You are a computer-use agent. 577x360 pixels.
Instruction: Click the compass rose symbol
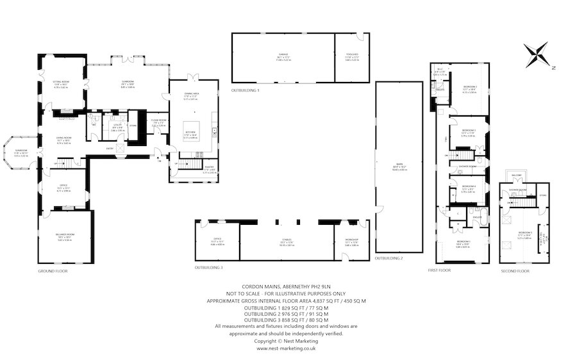pyautogui.click(x=536, y=54)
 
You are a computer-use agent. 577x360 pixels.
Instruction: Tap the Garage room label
pyautogui.click(x=283, y=56)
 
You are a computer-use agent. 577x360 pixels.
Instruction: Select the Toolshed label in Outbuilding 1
pyautogui.click(x=352, y=56)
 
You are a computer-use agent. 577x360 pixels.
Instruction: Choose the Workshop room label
pyautogui.click(x=351, y=241)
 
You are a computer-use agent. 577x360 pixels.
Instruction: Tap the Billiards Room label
pyautogui.click(x=64, y=238)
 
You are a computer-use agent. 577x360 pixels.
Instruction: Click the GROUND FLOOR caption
pyautogui.click(x=53, y=271)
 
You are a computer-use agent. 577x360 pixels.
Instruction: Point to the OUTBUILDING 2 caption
pyautogui.click(x=389, y=258)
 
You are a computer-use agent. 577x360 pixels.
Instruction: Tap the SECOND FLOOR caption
pyautogui.click(x=515, y=271)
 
